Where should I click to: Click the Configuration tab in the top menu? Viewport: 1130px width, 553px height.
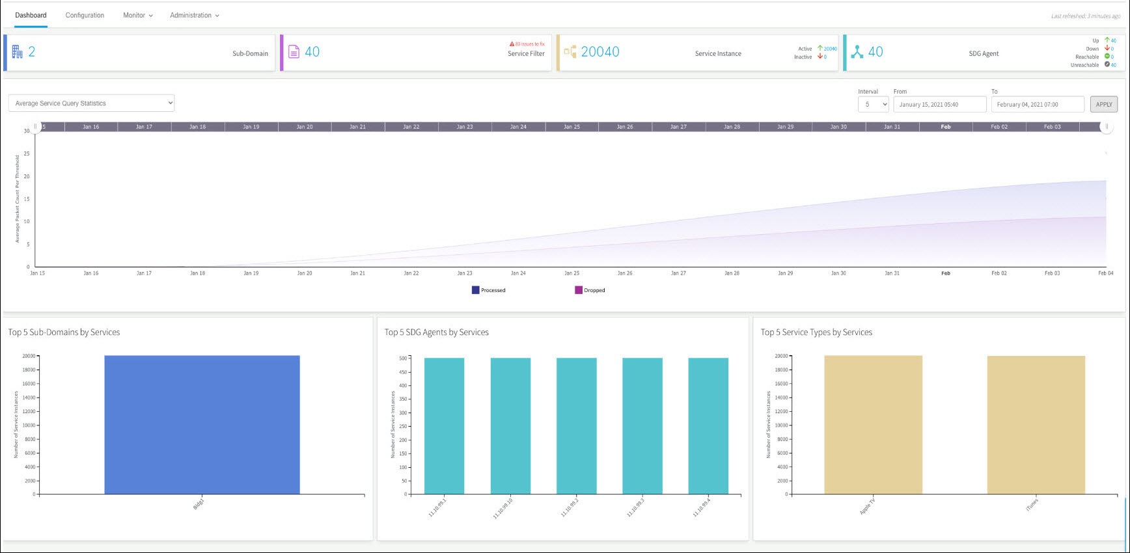(85, 15)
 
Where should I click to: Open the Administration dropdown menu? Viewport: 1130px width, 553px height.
(194, 15)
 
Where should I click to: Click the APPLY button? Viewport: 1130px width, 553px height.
(1104, 104)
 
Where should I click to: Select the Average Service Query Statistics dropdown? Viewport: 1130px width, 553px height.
(91, 103)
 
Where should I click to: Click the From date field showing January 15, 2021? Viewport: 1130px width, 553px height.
(939, 104)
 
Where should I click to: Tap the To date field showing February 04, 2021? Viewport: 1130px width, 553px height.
(1037, 104)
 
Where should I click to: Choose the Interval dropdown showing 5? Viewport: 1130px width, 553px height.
(873, 104)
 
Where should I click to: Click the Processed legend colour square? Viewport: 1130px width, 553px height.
(475, 290)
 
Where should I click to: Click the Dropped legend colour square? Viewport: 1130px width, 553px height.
(578, 290)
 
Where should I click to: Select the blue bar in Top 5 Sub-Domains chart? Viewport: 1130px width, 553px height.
(202, 424)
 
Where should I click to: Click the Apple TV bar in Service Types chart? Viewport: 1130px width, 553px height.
(873, 424)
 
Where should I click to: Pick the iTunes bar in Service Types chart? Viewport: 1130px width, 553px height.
(1036, 424)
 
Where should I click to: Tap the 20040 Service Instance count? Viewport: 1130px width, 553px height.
(599, 52)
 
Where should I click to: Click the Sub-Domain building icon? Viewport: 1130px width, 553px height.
(17, 51)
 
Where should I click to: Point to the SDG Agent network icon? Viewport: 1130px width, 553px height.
(857, 52)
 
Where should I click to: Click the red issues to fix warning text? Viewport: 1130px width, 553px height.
(528, 44)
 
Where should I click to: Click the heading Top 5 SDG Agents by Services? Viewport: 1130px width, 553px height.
(436, 332)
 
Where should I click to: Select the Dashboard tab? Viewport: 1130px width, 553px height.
(31, 15)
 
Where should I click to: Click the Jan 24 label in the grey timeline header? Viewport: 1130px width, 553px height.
(518, 127)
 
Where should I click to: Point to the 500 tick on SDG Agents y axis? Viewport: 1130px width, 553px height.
(403, 358)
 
